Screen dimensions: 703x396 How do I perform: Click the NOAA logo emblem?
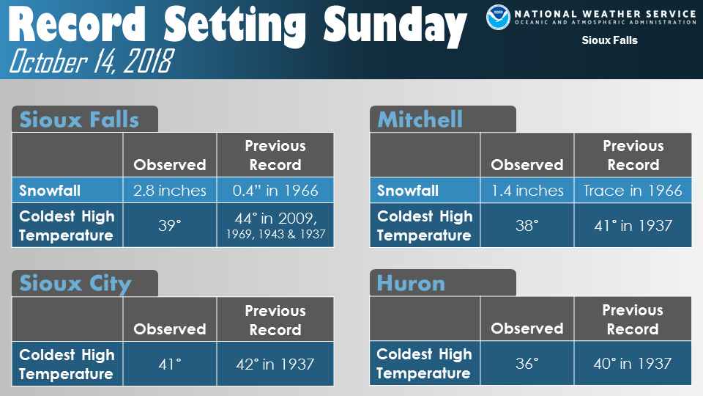pyautogui.click(x=498, y=17)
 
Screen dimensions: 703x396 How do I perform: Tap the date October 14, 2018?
pyautogui.click(x=91, y=61)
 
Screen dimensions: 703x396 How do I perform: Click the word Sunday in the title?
pyautogui.click(x=395, y=26)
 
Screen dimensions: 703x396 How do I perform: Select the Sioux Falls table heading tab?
pyautogui.click(x=85, y=119)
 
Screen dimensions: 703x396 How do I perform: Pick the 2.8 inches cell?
pyautogui.click(x=170, y=191)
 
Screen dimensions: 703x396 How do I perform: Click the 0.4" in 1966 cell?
pyautogui.click(x=275, y=191)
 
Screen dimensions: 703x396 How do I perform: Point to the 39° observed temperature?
pyautogui.click(x=170, y=225)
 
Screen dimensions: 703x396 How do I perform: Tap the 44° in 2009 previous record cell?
pyautogui.click(x=275, y=225)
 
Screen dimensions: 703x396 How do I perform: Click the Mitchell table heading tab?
pyautogui.click(x=443, y=119)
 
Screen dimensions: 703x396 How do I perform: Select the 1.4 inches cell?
pyautogui.click(x=527, y=191)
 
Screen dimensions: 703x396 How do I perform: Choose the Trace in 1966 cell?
pyautogui.click(x=633, y=191)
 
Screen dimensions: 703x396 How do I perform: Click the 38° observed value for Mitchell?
pyautogui.click(x=527, y=225)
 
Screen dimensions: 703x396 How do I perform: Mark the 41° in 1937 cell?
pyautogui.click(x=633, y=225)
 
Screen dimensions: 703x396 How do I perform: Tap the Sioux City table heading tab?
pyautogui.click(x=85, y=283)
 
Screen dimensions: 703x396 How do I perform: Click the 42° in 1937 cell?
pyautogui.click(x=275, y=364)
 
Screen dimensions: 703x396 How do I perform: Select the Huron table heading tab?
pyautogui.click(x=443, y=283)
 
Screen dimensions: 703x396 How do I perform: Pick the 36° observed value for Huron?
pyautogui.click(x=527, y=363)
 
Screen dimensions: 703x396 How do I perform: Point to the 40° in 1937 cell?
pyautogui.click(x=633, y=363)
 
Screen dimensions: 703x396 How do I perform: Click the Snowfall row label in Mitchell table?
pyautogui.click(x=408, y=191)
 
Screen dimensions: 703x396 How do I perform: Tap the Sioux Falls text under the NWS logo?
pyautogui.click(x=609, y=40)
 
